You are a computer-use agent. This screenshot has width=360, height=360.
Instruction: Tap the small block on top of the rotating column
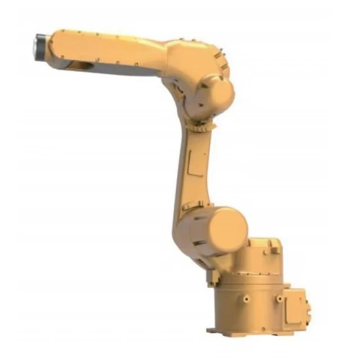(273, 244)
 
